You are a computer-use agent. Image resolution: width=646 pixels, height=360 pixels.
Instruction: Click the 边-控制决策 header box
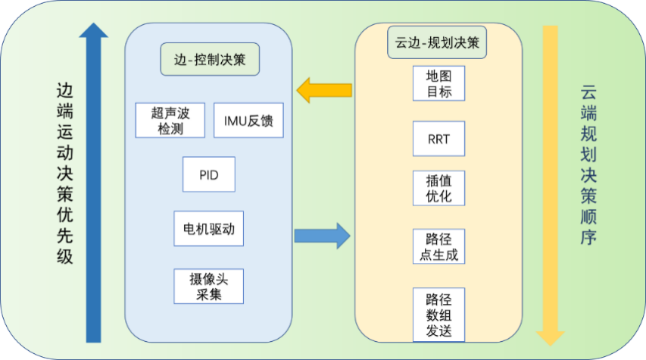[210, 59]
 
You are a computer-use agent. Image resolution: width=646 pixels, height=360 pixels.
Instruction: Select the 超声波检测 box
[170, 121]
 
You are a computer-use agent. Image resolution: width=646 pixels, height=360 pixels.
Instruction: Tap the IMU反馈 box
[248, 121]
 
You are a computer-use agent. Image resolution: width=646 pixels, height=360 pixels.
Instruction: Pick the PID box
[209, 174]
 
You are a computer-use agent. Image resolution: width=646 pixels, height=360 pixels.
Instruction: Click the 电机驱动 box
[209, 228]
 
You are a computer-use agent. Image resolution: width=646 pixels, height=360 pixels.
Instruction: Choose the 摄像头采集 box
[209, 286]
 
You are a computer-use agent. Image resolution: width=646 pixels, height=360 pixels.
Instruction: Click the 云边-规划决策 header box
[438, 42]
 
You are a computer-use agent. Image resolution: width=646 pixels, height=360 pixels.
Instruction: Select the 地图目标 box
[438, 84]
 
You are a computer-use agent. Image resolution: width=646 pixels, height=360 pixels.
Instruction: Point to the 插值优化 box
[438, 187]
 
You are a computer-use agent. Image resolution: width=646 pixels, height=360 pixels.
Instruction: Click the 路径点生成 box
[438, 246]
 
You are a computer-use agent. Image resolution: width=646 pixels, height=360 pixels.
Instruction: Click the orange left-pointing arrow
[324, 91]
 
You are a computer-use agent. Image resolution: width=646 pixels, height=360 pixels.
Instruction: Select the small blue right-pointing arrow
[322, 235]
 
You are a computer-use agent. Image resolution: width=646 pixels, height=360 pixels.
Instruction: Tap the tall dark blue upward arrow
[94, 189]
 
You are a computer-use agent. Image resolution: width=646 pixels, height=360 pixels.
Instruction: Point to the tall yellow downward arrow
[550, 182]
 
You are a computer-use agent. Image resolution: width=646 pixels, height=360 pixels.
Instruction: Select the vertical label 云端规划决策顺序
[588, 165]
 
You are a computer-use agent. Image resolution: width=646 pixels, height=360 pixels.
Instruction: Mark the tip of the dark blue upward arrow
[94, 24]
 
